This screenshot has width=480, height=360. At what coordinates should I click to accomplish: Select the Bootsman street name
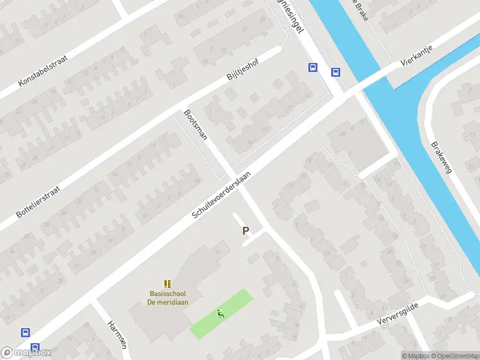tap(196, 124)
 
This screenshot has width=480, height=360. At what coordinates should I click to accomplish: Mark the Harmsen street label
tap(117, 334)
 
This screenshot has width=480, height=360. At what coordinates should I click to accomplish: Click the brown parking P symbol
tap(245, 230)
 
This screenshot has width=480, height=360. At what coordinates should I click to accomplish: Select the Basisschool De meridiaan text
tap(168, 298)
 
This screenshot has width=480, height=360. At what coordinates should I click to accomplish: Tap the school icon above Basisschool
tap(167, 283)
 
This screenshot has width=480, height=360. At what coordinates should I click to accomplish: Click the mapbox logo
tap(27, 352)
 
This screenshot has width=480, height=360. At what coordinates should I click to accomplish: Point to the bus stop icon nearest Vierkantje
tap(335, 73)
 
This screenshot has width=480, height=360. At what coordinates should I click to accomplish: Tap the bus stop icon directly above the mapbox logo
tap(25, 332)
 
